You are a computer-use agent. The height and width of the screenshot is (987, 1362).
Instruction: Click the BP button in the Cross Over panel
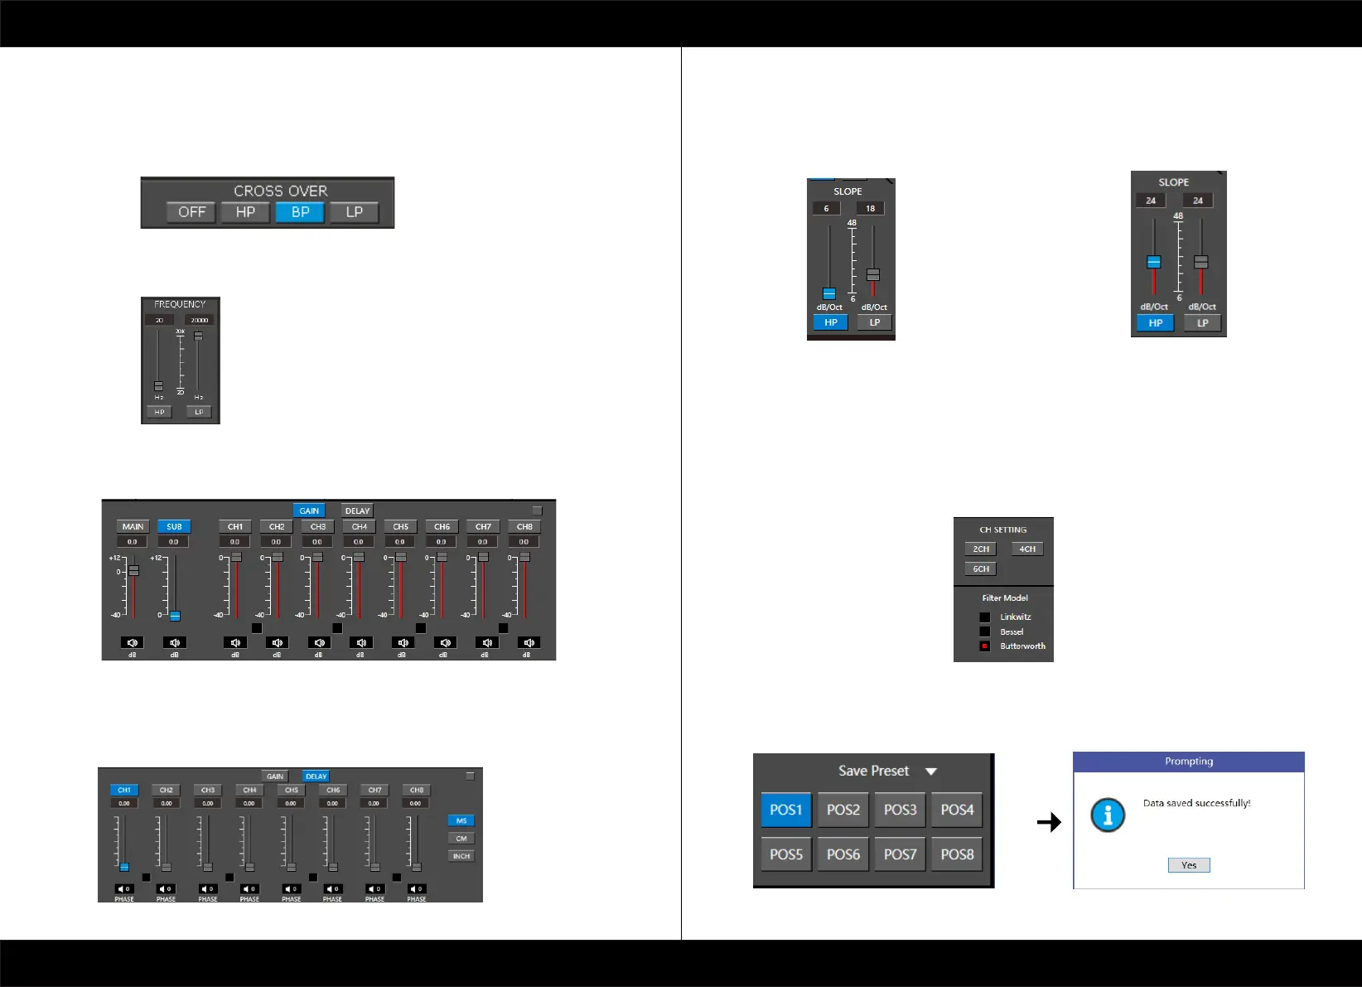click(x=300, y=212)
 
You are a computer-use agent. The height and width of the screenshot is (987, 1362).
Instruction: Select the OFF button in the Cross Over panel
click(x=191, y=212)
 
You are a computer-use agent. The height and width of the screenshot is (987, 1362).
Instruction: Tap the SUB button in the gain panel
click(x=174, y=526)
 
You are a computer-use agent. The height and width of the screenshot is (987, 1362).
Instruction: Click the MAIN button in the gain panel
click(x=133, y=526)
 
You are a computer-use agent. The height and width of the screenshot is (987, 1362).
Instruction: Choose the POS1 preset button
click(x=786, y=810)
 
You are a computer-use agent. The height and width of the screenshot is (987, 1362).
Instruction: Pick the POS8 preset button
click(x=957, y=854)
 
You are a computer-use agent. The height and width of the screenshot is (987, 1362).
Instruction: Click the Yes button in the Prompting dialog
click(x=1189, y=865)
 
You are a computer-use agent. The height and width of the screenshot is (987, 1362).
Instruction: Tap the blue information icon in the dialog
click(x=1108, y=815)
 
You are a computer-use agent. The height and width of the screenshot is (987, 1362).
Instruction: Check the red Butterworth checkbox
click(x=985, y=646)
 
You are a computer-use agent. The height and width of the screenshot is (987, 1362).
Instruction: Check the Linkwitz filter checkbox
click(x=985, y=617)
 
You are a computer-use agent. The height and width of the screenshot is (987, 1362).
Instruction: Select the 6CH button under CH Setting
click(x=981, y=568)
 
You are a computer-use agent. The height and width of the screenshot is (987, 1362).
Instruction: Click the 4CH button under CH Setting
click(x=1027, y=549)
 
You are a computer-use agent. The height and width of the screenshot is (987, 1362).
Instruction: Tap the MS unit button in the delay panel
click(x=461, y=820)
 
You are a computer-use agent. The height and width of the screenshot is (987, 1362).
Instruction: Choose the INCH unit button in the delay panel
click(x=461, y=856)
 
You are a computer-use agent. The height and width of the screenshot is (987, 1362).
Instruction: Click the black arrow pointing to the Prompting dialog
click(x=1049, y=822)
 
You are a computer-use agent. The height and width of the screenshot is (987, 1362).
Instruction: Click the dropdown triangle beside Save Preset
click(x=931, y=772)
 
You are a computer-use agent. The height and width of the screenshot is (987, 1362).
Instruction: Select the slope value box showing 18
click(x=870, y=208)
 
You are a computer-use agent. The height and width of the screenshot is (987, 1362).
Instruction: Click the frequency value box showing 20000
click(x=200, y=320)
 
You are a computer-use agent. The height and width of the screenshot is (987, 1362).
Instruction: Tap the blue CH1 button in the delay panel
click(x=124, y=790)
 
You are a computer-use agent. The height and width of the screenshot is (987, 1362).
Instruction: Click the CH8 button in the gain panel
click(x=524, y=526)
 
